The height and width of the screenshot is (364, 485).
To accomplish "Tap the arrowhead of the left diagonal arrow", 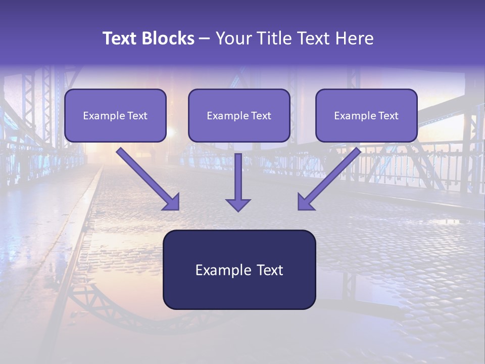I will point(172,202).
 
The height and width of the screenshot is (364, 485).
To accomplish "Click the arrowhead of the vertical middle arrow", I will point(238,205).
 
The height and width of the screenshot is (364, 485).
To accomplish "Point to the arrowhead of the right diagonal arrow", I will point(305,202).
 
